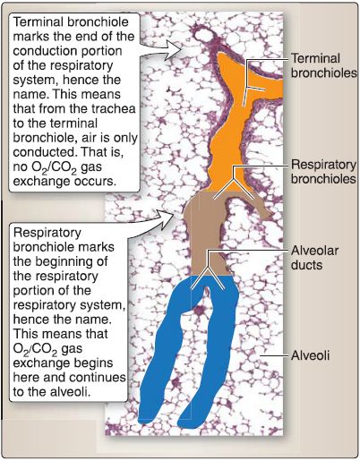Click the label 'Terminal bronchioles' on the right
(324, 65)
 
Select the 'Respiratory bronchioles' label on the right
(323, 172)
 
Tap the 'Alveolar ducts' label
(314, 258)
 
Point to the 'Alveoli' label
(310, 355)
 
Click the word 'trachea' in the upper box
(114, 108)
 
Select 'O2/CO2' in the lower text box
(35, 349)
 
